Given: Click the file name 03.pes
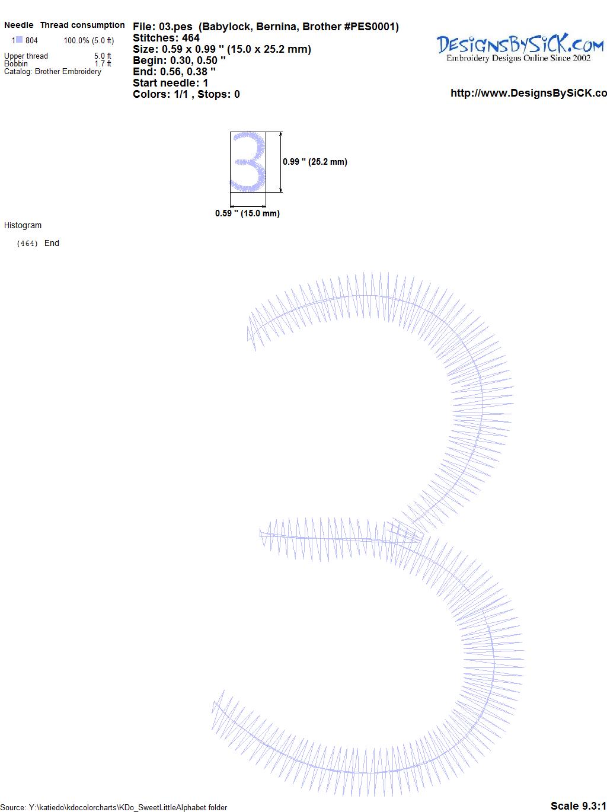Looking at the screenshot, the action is tap(175, 27).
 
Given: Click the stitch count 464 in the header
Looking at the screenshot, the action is tap(190, 38).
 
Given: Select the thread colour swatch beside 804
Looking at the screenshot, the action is tap(19, 40).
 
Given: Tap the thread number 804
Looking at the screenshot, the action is tap(31, 40).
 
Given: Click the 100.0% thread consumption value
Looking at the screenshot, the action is tap(76, 40).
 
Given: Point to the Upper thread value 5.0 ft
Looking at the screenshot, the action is tap(103, 56).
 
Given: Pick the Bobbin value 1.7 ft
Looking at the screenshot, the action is tap(103, 63).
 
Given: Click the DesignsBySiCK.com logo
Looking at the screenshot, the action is tap(520, 48).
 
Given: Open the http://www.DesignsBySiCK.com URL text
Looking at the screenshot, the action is tap(529, 93).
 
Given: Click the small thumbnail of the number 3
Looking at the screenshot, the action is tap(248, 162).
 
